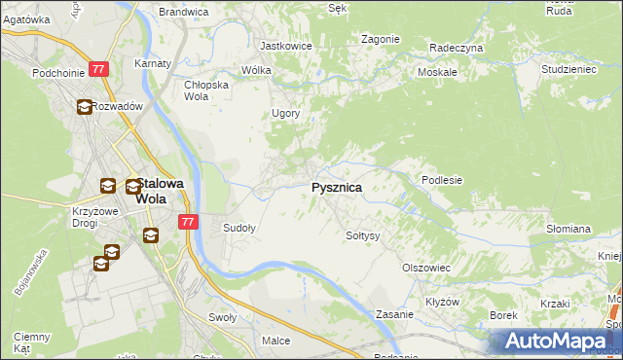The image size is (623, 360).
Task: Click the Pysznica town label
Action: (336, 187)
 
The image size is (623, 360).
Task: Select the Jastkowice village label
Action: (284, 46)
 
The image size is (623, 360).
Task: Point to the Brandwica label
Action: (184, 12)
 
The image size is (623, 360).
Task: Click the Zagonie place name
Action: (380, 39)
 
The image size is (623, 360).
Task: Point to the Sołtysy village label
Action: (362, 235)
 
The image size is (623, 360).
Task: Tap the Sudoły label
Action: (239, 229)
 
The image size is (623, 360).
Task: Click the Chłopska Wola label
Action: (206, 90)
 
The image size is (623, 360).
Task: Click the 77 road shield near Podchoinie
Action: (98, 69)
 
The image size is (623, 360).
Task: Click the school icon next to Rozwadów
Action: (85, 107)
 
